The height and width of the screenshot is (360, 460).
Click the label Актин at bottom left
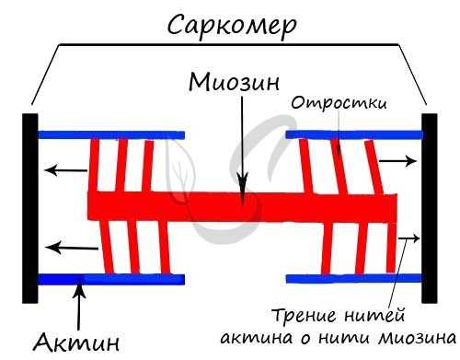77,343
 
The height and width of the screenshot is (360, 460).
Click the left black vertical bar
30,207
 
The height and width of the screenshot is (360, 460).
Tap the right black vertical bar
430,207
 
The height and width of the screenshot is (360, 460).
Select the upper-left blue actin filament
110,134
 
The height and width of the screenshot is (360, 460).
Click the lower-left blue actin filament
110,278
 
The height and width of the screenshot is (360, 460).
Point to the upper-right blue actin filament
354,134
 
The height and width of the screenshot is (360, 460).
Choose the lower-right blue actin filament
354,278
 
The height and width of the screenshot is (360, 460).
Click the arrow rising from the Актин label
81,304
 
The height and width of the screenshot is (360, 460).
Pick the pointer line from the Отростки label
338,134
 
